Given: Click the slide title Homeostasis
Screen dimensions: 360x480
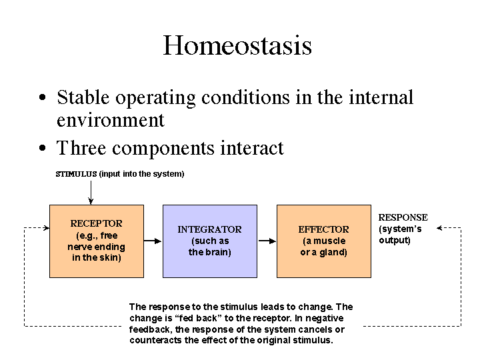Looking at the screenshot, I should tap(237, 45).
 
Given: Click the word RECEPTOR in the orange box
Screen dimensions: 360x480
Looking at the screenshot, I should tap(96, 223).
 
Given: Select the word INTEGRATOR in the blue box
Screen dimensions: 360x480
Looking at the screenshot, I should tap(209, 229).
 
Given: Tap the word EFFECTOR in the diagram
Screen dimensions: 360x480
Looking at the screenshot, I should tap(323, 229).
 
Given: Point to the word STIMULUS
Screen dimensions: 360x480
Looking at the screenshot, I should tap(76, 174).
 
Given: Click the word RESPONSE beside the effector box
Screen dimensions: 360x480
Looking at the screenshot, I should tap(403, 217).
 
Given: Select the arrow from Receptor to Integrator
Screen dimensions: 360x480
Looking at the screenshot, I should tap(153, 241).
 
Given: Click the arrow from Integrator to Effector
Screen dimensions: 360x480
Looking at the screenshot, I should tap(267, 241).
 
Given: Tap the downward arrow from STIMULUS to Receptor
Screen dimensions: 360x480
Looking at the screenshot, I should tap(91, 193).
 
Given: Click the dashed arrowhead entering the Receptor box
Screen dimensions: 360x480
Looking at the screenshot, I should tap(46, 228).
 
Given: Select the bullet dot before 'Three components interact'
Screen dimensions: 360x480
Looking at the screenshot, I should tap(43, 149).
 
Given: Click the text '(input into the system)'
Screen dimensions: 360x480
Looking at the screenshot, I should tap(141, 174).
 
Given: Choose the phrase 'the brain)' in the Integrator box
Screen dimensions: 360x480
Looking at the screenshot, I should tap(209, 252).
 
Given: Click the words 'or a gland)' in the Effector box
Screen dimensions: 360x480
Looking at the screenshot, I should tap(323, 252).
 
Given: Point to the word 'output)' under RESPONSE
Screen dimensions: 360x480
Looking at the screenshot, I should tap(395, 240).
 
